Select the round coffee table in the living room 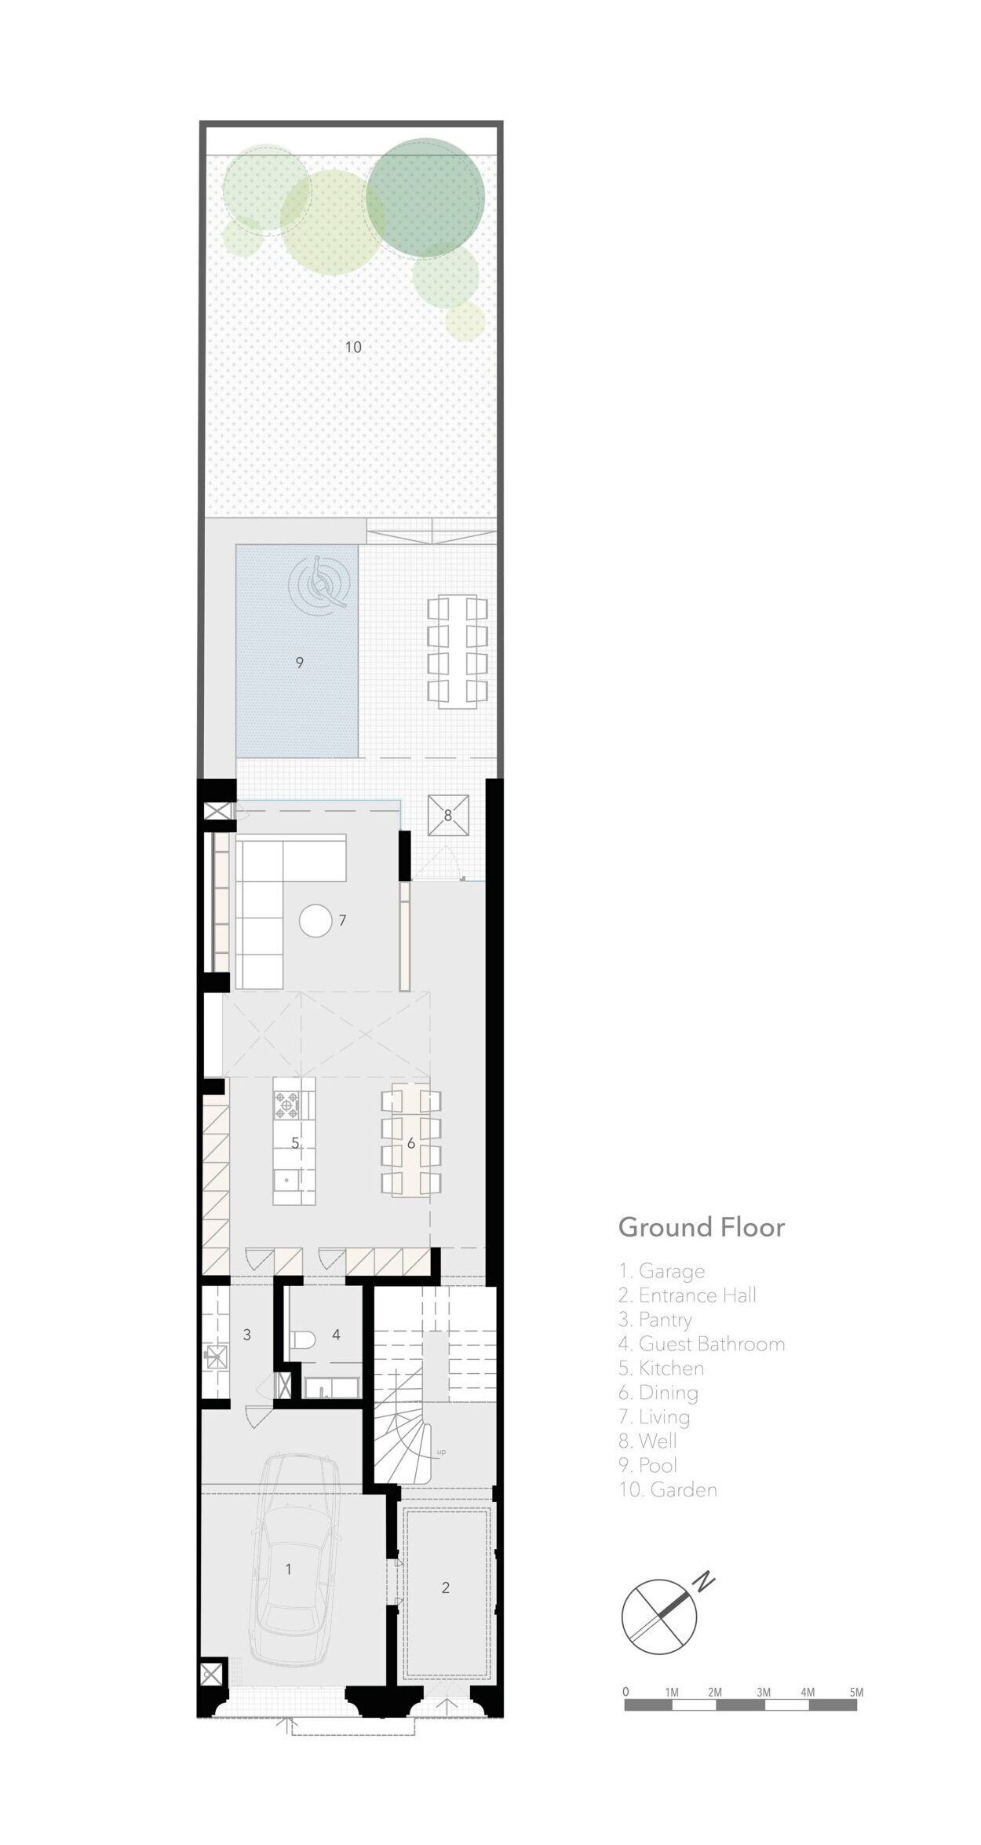coord(317,920)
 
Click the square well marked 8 coord(448,815)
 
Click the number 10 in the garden coord(353,347)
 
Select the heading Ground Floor coord(701,1227)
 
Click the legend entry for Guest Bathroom coord(702,1343)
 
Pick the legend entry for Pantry coord(655,1320)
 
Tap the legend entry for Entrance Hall coord(687,1295)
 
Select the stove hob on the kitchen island coord(288,1104)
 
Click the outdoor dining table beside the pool coord(457,648)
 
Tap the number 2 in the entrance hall coord(446,1587)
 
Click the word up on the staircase coord(441,1452)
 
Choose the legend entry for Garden coord(668,1489)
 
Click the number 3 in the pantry coord(246,1334)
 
